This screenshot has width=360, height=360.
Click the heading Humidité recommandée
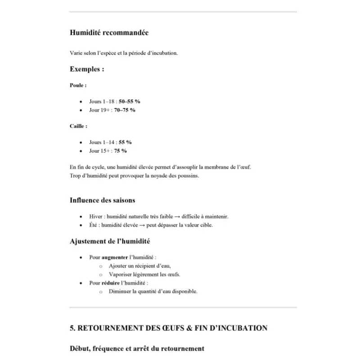tap(109, 33)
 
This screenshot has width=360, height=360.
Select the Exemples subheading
tap(87, 69)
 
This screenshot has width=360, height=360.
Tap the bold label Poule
tap(78, 85)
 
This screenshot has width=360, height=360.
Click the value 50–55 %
tap(129, 102)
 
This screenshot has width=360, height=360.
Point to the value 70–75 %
tap(124, 110)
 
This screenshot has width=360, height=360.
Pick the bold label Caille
tap(78, 126)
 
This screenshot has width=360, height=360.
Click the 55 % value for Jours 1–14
tap(125, 142)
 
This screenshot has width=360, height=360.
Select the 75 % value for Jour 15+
tap(120, 151)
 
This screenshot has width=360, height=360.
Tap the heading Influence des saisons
tap(102, 200)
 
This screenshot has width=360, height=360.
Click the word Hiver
tap(95, 216)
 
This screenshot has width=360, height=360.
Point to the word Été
tap(93, 225)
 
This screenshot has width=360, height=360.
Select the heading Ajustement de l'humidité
tap(110, 242)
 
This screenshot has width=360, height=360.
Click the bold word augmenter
tap(115, 258)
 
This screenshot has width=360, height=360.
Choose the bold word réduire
tap(111, 283)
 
